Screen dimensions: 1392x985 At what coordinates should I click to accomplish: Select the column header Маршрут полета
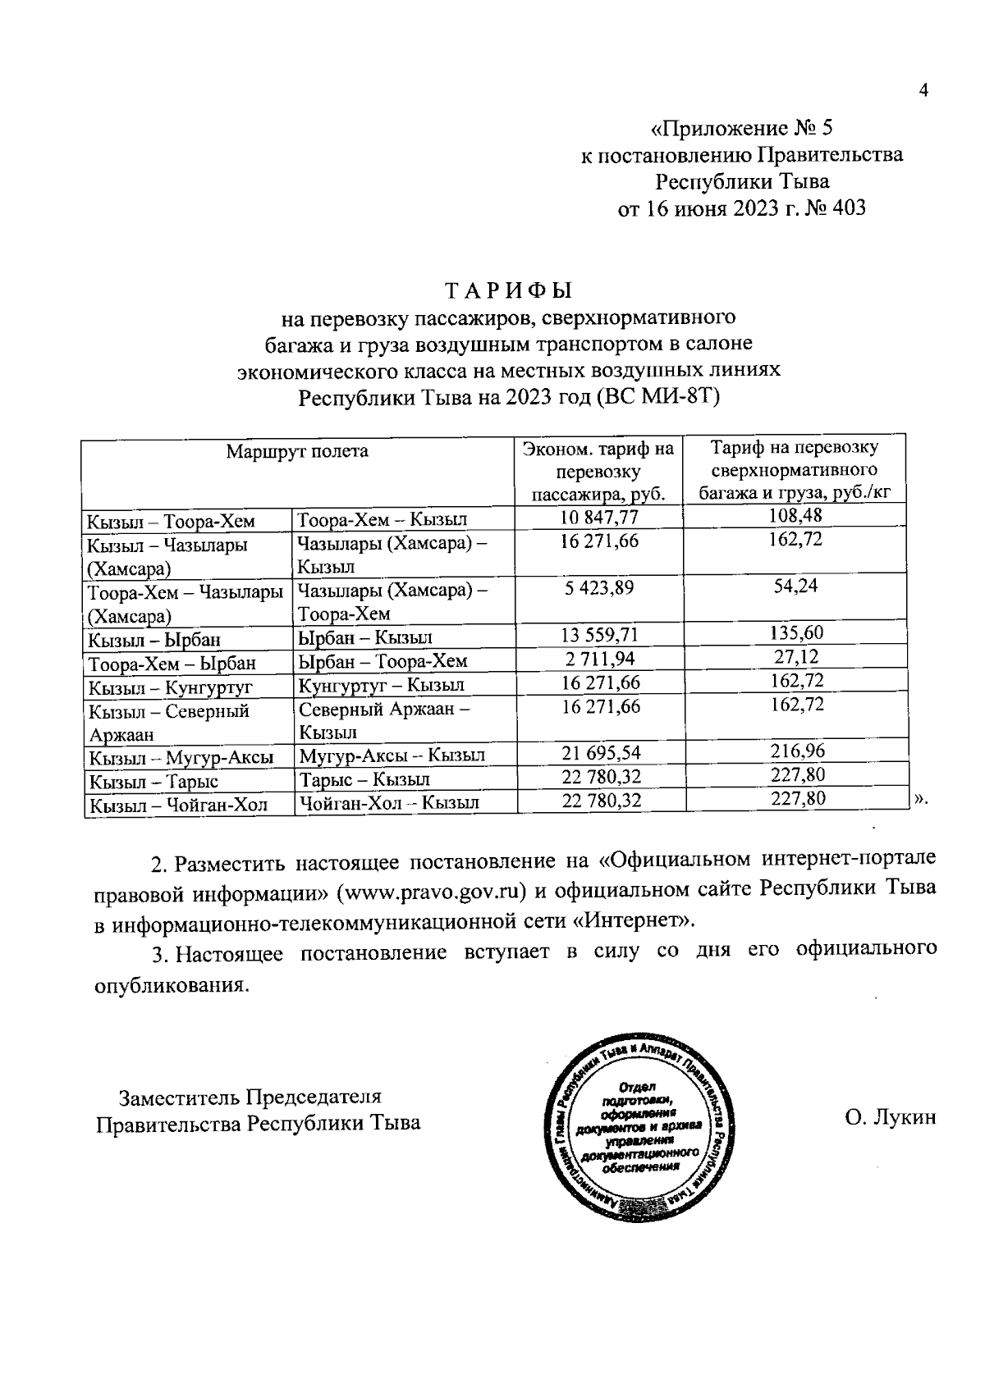(x=297, y=451)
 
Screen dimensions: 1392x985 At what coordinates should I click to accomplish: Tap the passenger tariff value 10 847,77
(x=599, y=517)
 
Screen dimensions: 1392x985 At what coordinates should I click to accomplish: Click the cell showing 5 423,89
(x=599, y=588)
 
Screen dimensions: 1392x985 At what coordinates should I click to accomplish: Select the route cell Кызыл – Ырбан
(x=155, y=640)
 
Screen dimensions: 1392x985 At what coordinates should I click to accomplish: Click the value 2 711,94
(x=599, y=658)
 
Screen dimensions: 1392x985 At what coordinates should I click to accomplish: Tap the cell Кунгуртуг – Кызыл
(x=382, y=685)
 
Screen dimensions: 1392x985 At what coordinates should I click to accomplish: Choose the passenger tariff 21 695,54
(x=601, y=752)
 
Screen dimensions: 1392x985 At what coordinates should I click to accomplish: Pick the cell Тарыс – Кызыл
(x=364, y=779)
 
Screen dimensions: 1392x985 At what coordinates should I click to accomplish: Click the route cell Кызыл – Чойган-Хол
(x=179, y=805)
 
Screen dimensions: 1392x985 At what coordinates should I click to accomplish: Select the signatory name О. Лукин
(x=889, y=1118)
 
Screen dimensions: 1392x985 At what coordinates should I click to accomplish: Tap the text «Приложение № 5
(x=741, y=129)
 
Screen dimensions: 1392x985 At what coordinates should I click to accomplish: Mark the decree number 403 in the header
(x=848, y=208)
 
